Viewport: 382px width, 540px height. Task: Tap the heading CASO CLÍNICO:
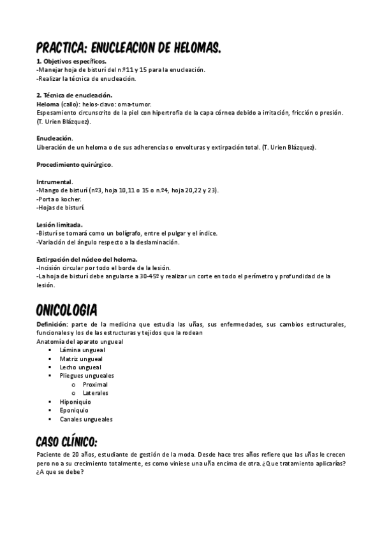[x=66, y=441]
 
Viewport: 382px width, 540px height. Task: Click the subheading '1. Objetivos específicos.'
[x=71, y=61]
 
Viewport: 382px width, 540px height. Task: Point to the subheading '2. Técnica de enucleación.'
[x=75, y=96]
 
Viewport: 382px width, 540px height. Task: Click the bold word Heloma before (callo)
[x=48, y=104]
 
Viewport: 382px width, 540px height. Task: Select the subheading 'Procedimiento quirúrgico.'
[x=75, y=164]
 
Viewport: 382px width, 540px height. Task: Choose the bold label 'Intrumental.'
[x=55, y=181]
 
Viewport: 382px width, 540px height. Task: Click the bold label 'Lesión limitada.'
[x=59, y=225]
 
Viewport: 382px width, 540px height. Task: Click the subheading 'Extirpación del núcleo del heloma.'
[x=87, y=259]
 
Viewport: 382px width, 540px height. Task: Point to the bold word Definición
[x=54, y=325]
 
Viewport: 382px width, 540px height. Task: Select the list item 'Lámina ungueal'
[x=82, y=350]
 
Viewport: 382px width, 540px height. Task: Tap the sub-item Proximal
[x=95, y=385]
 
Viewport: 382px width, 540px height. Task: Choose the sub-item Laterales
[x=96, y=394]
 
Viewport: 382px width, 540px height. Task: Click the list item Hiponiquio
[x=75, y=402]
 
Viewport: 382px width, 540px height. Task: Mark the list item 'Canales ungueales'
[x=86, y=420]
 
